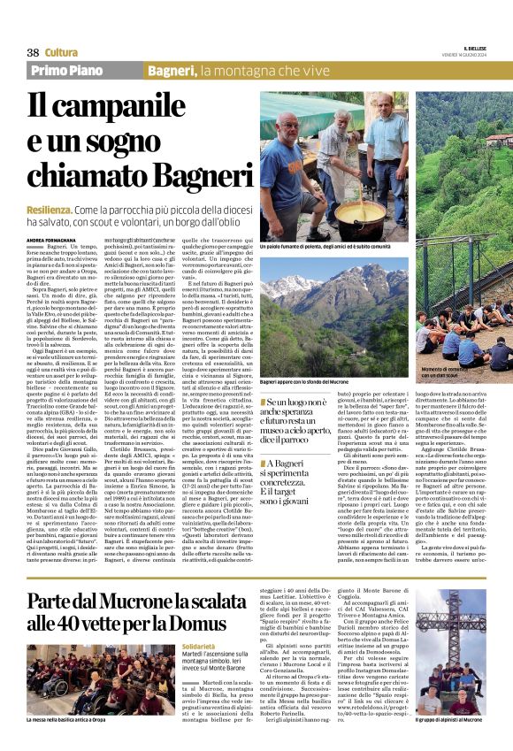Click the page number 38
pos(33,52)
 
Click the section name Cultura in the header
pos(61,52)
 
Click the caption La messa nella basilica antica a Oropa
pos(74,746)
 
